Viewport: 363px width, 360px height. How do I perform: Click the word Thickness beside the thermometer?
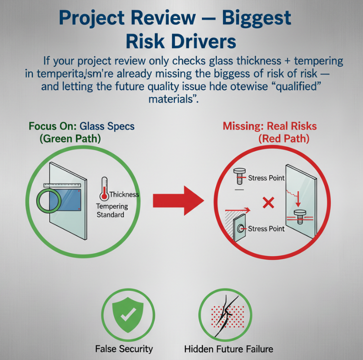[x=124, y=194]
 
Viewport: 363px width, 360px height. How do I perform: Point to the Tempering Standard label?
[x=112, y=210]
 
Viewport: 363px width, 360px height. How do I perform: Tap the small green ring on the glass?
[x=46, y=201]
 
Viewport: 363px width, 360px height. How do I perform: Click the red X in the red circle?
[x=268, y=203]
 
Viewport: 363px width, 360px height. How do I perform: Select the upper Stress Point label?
[x=267, y=178]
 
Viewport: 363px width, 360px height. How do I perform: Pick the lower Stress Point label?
[x=266, y=228]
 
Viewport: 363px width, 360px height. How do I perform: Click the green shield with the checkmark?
[x=127, y=314]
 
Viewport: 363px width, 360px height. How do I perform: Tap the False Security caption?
[x=124, y=349]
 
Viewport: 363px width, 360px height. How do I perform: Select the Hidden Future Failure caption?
[x=229, y=349]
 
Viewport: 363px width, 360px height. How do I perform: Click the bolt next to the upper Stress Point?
[x=238, y=175]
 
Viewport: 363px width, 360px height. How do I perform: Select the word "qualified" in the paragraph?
[x=287, y=86]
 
